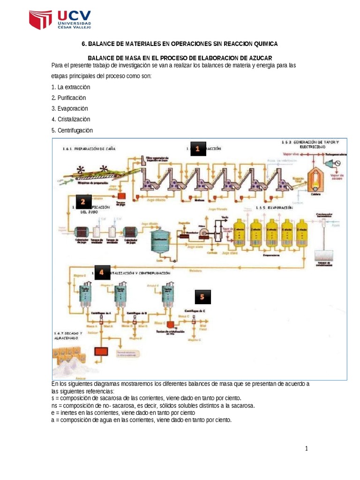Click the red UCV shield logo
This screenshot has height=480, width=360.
point(41,20)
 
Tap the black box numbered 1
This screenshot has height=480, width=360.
point(198,149)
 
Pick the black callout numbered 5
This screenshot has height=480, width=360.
point(202,297)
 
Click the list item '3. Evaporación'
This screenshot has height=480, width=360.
point(70,109)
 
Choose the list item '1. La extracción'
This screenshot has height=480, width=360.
point(70,87)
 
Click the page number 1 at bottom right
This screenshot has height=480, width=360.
point(307,449)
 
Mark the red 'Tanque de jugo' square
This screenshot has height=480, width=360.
point(121,195)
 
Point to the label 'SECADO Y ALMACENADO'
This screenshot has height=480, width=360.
point(68,335)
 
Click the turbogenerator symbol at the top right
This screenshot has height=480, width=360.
point(335,162)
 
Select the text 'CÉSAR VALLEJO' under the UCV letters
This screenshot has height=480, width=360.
point(74,27)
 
